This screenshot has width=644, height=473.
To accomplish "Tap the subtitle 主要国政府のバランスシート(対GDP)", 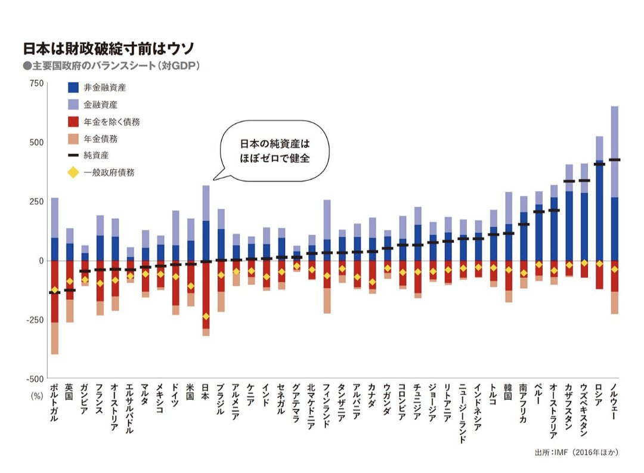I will pos(110,66).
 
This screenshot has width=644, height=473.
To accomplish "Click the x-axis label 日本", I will pos(206,391).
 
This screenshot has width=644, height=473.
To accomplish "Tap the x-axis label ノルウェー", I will pos(614,404).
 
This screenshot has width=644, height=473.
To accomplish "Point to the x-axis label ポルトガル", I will pos(54,404).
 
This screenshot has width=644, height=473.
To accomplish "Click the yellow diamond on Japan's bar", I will pos(206,316).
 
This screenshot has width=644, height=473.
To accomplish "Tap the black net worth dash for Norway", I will pos(614,160).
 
